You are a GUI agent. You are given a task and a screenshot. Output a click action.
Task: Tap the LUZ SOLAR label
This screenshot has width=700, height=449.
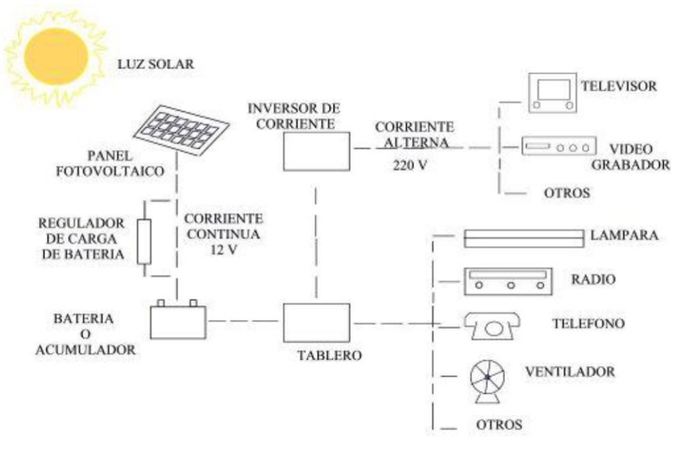(156, 65)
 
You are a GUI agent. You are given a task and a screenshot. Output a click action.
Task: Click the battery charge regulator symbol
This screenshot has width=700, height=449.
(144, 241)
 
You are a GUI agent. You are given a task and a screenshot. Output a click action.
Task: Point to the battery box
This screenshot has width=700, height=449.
(178, 321)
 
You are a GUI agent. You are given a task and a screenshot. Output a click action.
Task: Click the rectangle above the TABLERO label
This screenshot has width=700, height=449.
(317, 323)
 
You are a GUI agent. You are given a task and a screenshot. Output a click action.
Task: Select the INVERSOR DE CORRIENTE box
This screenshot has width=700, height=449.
(317, 151)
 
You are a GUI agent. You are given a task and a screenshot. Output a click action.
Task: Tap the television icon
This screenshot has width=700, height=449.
(552, 92)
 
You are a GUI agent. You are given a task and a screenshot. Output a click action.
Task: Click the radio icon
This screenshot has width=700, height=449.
(509, 281)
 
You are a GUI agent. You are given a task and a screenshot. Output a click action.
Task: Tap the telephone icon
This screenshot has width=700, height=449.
(492, 324)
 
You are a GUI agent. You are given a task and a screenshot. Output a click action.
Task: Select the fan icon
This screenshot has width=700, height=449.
(488, 379)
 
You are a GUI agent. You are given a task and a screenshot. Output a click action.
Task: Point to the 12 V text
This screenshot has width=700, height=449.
(223, 250)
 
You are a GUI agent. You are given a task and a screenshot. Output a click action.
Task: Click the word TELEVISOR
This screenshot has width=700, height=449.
(619, 86)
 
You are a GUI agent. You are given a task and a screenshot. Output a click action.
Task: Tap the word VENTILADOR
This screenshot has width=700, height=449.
(569, 372)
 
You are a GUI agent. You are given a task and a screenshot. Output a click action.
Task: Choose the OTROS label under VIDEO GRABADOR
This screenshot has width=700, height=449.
(567, 193)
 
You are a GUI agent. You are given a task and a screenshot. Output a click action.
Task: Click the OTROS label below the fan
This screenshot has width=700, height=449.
(500, 424)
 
